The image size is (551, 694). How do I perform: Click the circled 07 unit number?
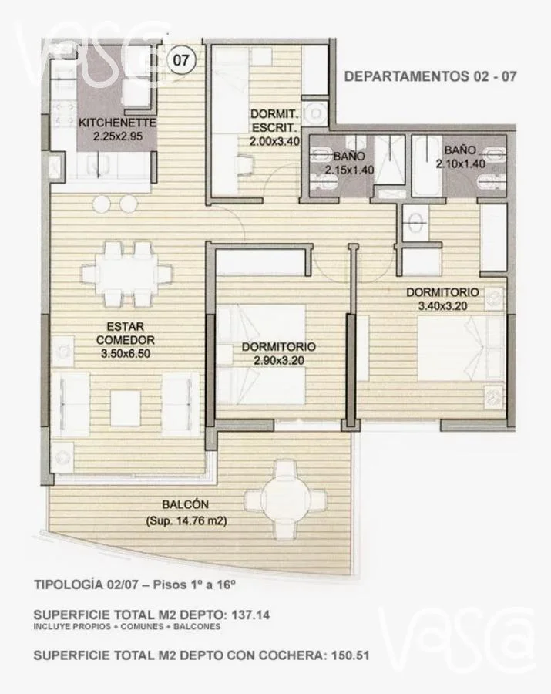click(x=180, y=59)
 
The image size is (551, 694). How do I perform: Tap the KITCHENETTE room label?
click(x=117, y=123)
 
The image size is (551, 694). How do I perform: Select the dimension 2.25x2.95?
click(x=118, y=136)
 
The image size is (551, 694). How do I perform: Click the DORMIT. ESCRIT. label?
click(x=274, y=121)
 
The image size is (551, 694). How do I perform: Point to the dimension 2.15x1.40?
click(x=349, y=170)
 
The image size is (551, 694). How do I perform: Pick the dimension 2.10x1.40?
click(x=460, y=163)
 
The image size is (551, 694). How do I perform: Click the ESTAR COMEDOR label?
click(x=125, y=333)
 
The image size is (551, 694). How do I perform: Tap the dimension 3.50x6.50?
click(x=126, y=354)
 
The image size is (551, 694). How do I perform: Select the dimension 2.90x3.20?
click(x=279, y=361)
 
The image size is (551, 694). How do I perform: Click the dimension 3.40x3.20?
click(x=442, y=306)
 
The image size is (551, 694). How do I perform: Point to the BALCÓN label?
click(x=185, y=504)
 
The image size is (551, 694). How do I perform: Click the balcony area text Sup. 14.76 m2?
click(x=186, y=521)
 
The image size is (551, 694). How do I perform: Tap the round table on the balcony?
click(x=286, y=499)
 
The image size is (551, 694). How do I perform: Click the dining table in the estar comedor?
click(x=126, y=275)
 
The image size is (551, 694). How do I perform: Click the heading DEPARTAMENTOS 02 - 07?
click(x=430, y=76)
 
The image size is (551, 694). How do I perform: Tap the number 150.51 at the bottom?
click(x=350, y=655)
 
